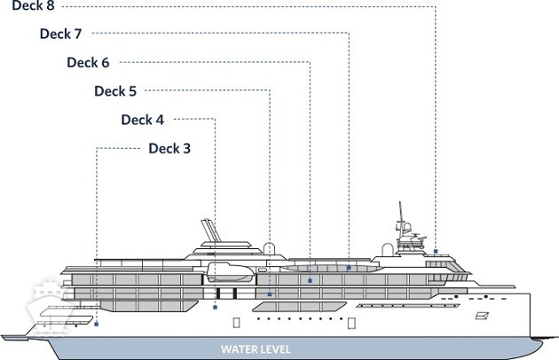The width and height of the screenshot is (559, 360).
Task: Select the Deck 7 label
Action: pos(61,34)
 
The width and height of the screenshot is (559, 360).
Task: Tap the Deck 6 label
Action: pos(88,62)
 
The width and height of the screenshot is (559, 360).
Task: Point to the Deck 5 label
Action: pos(115,90)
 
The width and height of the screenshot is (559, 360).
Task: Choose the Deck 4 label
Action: pos(142,119)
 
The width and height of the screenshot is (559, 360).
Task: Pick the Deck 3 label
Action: pos(169,147)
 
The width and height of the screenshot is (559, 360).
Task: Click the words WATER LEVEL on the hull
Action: pos(256,348)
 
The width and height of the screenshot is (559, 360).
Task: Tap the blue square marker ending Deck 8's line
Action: pos(436,252)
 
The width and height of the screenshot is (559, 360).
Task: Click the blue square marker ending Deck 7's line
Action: pos(349,267)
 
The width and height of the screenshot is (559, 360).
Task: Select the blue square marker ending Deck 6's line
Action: pos(309,280)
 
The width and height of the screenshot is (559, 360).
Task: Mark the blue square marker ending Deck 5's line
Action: pos(269,293)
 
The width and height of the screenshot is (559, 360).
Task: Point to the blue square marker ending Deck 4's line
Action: pos(216,308)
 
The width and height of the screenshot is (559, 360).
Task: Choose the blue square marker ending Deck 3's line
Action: pos(95,323)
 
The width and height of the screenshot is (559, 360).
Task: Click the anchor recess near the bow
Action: pos(484,315)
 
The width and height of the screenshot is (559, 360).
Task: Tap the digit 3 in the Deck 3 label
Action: pos(186,147)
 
